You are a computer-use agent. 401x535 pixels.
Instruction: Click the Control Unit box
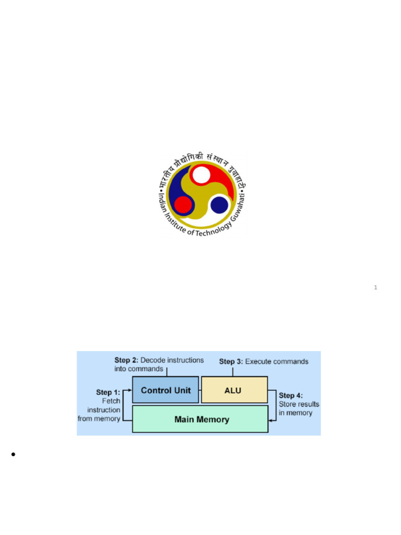pyautogui.click(x=166, y=390)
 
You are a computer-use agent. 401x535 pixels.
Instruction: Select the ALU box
pyautogui.click(x=234, y=390)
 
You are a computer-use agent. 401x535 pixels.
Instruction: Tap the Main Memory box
pyautogui.click(x=200, y=419)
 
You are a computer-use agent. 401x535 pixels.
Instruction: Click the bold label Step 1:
pyautogui.click(x=108, y=392)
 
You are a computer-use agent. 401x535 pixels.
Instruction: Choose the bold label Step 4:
pyautogui.click(x=291, y=396)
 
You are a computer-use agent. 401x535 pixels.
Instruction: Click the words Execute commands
pyautogui.click(x=277, y=361)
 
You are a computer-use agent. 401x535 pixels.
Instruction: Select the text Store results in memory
pyautogui.click(x=299, y=409)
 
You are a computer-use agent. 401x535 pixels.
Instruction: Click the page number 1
pyautogui.click(x=375, y=287)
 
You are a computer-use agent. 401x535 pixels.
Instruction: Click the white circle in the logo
pyautogui.click(x=201, y=175)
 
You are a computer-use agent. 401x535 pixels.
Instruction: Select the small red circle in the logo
pyautogui.click(x=183, y=204)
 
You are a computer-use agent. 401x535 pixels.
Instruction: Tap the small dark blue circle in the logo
pyautogui.click(x=219, y=204)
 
